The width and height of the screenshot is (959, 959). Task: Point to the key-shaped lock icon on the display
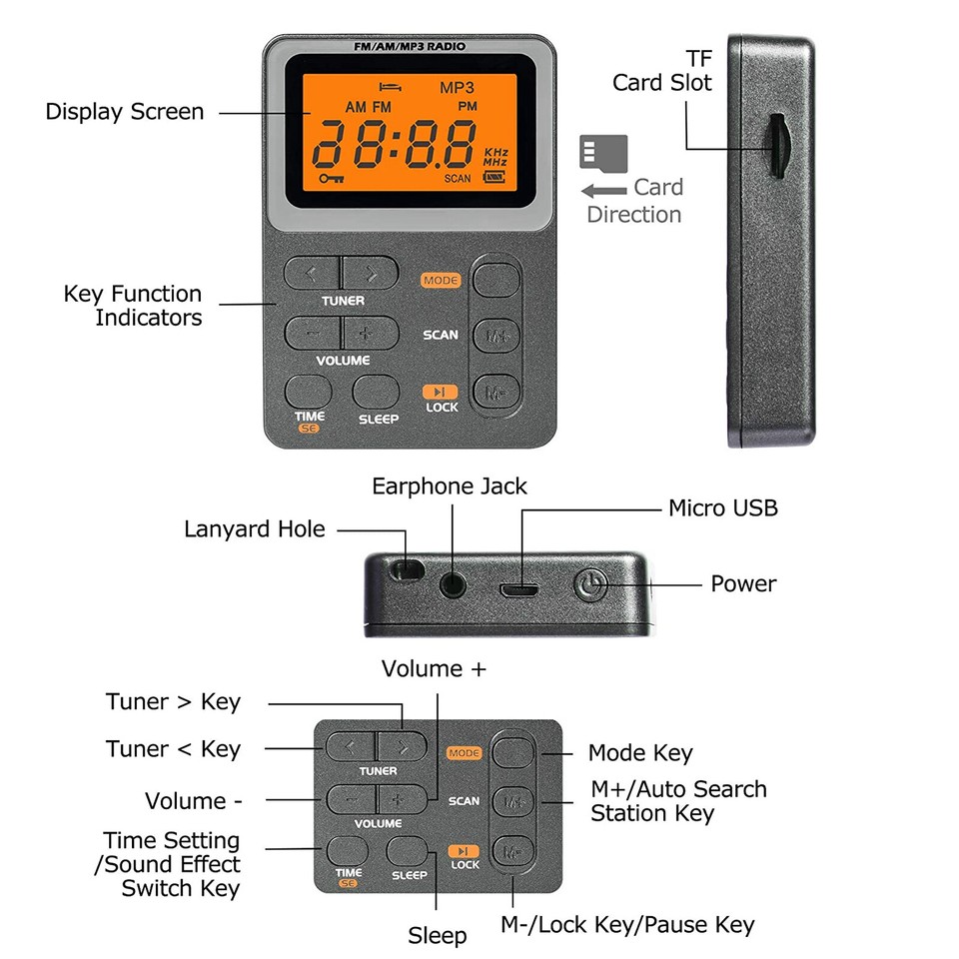tap(331, 178)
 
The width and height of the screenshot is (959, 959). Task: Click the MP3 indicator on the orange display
tap(458, 87)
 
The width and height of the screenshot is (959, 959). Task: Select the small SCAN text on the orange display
tap(458, 179)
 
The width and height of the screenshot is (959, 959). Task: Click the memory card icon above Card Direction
tap(603, 152)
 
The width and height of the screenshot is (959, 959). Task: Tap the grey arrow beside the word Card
tap(603, 190)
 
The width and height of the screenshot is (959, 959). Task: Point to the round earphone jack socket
tap(456, 581)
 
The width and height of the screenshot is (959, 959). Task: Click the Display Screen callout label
tap(124, 112)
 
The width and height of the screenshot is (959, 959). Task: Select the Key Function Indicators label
tap(133, 306)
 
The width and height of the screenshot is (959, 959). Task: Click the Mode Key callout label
tap(639, 753)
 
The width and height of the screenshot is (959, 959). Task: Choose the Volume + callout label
tap(434, 669)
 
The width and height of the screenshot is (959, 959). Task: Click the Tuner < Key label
tap(173, 749)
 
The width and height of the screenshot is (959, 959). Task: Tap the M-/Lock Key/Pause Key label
tap(627, 925)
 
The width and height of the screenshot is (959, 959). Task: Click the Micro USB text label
tap(722, 508)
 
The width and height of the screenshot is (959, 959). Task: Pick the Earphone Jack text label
tap(450, 486)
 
